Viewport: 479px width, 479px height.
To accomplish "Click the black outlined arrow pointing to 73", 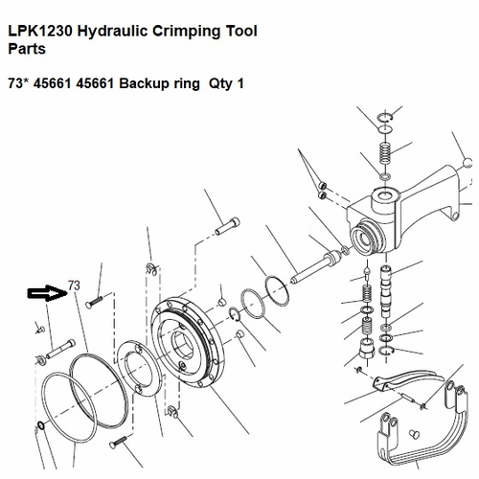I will tap(45, 292).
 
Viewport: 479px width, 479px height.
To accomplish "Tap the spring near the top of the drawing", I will tap(383, 152).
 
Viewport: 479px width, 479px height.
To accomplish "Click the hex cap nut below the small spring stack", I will tap(366, 347).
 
